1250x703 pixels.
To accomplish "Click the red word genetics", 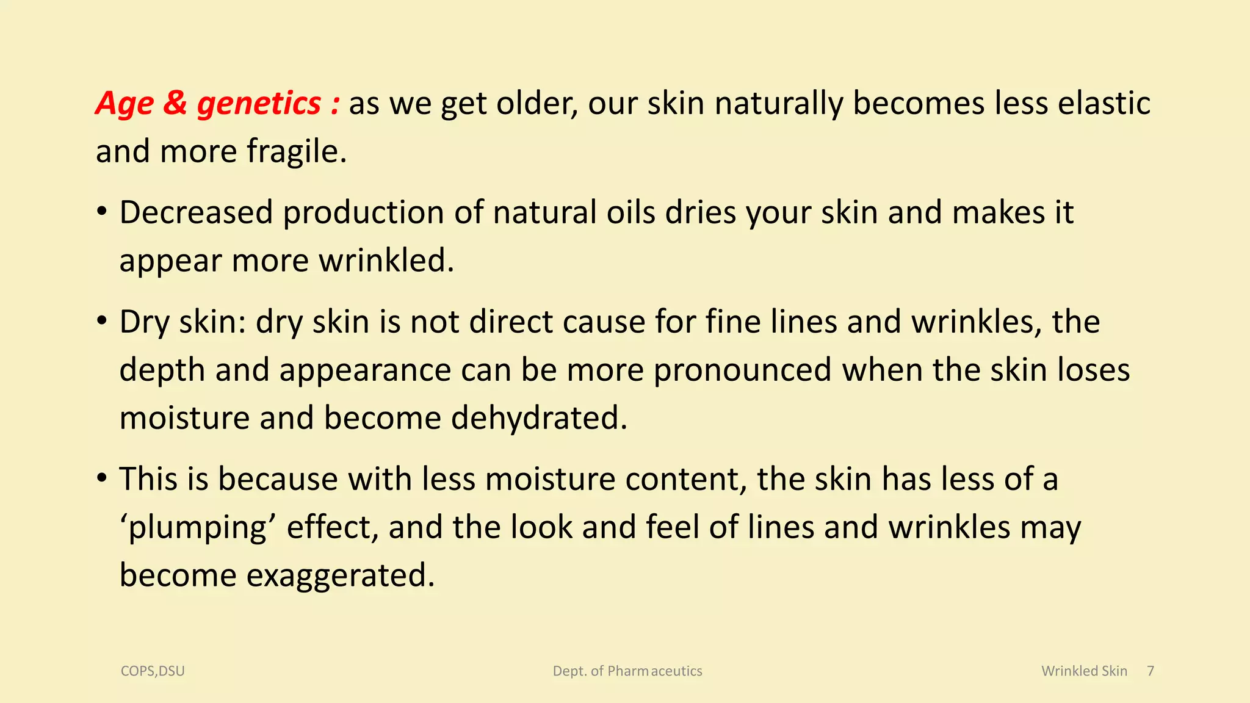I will point(259,104).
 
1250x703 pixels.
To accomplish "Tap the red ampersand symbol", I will point(175,103).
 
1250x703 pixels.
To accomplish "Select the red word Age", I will point(125,104).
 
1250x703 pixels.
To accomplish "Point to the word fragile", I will point(297,151).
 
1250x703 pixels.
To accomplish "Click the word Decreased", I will point(196,212).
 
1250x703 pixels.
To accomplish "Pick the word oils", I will point(630,212).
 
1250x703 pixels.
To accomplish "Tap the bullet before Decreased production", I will point(102,212).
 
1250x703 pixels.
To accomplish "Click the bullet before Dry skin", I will point(102,322).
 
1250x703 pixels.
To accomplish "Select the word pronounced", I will point(742,370).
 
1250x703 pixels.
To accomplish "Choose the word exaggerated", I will point(340,575).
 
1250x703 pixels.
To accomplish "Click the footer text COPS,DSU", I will point(153,671).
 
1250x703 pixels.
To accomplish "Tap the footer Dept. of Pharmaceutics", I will point(627,671).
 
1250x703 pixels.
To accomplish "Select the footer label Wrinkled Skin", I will point(1084,671).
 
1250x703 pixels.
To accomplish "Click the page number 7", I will point(1151,671).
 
